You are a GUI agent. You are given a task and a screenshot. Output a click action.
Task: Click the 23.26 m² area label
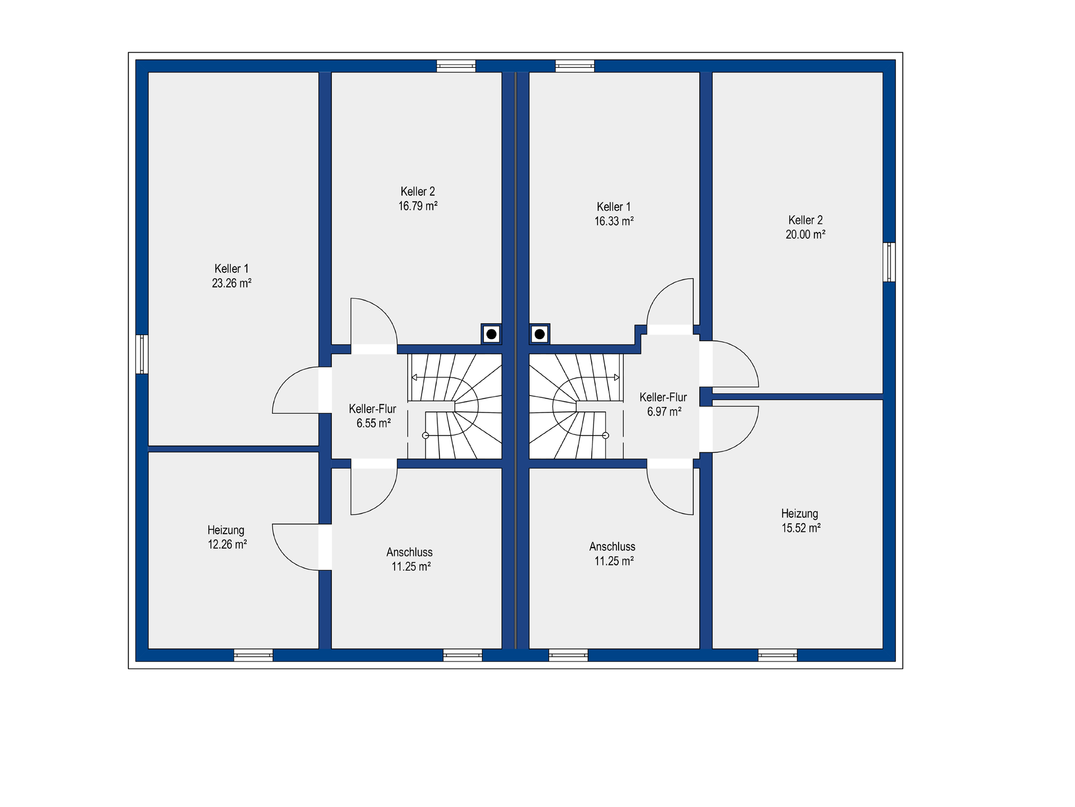point(231,284)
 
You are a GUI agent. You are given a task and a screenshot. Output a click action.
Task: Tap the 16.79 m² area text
point(418,206)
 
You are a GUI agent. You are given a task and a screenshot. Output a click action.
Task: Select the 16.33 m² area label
point(614,221)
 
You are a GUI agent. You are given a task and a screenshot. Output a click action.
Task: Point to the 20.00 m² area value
point(805,235)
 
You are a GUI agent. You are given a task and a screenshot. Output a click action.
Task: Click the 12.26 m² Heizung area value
point(227,544)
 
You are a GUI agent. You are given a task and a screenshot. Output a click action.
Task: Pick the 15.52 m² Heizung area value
point(801,528)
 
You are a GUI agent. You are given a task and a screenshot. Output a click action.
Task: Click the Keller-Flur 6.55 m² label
point(373,416)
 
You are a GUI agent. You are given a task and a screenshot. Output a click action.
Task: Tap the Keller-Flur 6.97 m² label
point(663,404)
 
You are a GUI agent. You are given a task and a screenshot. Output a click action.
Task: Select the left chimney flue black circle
point(492,335)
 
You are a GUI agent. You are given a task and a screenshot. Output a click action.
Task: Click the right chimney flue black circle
point(540,335)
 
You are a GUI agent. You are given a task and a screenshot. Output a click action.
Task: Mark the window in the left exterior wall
point(142,354)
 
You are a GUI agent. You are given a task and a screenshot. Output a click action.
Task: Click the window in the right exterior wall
point(889,262)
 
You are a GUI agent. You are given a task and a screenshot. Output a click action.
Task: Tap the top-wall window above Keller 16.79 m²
point(456,66)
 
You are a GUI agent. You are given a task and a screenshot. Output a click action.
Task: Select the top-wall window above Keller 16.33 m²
point(575,66)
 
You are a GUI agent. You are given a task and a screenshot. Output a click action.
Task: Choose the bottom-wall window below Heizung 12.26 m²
point(253,655)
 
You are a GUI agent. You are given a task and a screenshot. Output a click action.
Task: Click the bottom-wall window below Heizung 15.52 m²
point(778,655)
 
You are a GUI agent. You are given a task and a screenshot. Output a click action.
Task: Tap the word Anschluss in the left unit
point(409,553)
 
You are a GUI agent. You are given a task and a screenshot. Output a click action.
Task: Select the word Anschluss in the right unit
point(612,547)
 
